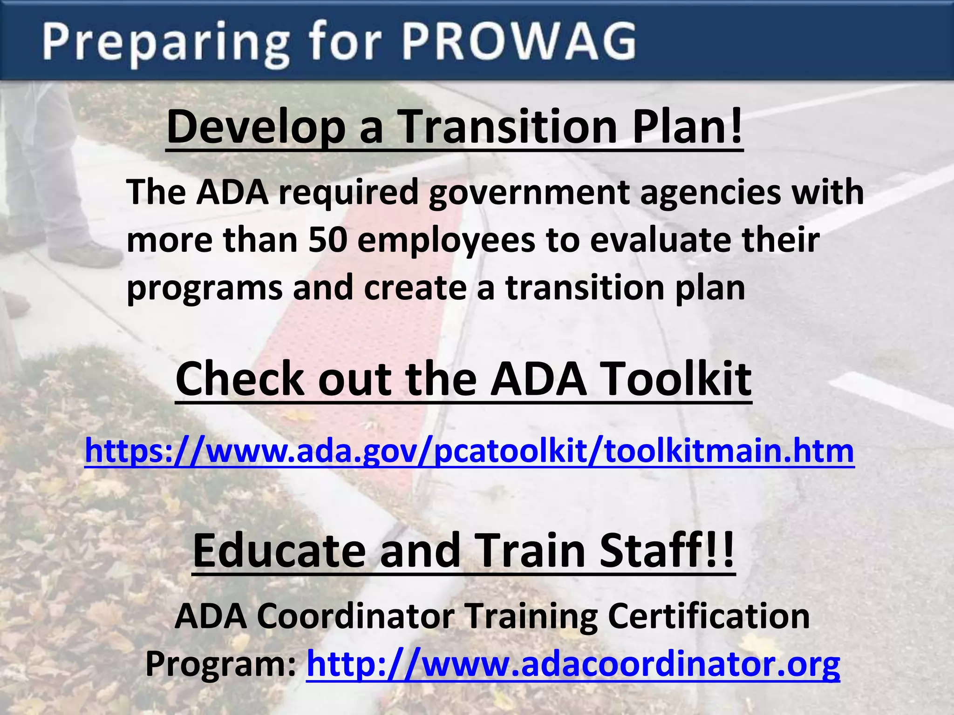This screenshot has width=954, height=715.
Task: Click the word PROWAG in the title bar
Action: tap(518, 41)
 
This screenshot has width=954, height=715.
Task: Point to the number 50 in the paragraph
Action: tap(327, 240)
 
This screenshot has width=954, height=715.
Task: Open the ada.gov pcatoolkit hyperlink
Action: tap(469, 452)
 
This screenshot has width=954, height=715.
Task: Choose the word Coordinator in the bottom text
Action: tap(355, 616)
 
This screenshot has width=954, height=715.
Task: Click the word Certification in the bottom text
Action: tap(709, 616)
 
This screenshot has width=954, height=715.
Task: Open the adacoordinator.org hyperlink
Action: tap(573, 664)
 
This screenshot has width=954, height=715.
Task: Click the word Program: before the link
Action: tap(221, 665)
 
